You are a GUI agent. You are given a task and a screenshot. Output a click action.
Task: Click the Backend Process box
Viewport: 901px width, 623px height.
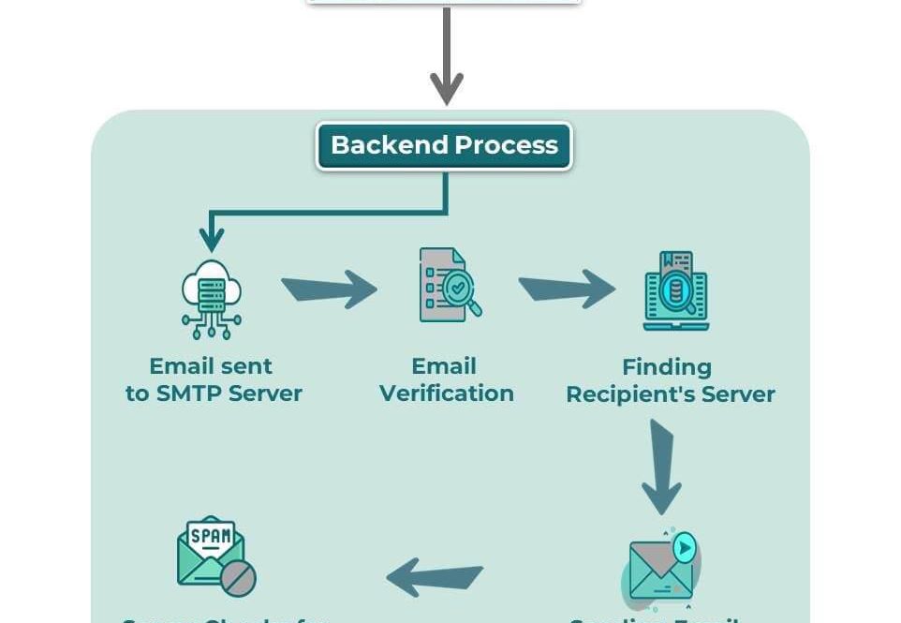(x=444, y=146)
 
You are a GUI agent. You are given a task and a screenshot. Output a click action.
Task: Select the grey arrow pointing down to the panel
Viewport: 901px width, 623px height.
(x=447, y=56)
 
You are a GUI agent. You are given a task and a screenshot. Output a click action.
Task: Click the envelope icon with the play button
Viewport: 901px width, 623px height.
(x=662, y=568)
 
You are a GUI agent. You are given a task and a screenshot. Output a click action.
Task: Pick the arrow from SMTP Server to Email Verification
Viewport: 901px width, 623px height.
(x=329, y=289)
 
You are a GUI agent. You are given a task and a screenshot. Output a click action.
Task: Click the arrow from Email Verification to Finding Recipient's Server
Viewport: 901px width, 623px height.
(x=567, y=289)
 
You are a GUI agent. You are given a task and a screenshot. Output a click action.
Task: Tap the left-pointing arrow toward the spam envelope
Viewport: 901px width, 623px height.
(x=435, y=577)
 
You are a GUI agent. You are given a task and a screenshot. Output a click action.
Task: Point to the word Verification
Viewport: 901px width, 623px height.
(x=447, y=393)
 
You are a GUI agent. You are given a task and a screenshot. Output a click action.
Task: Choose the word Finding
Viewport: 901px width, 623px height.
(x=667, y=366)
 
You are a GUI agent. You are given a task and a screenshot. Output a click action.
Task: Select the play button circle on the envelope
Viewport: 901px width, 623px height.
(x=686, y=547)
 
